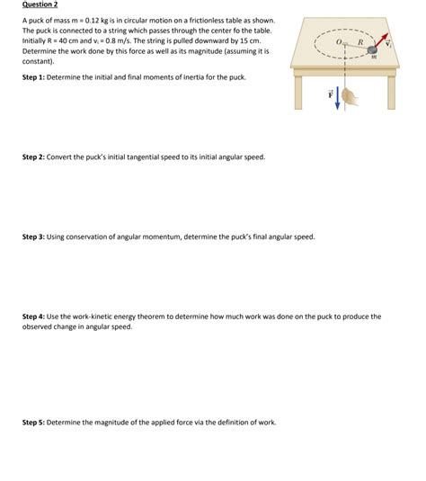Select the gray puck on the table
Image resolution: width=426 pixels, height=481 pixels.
tap(372, 49)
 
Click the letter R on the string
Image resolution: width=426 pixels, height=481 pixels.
tap(359, 40)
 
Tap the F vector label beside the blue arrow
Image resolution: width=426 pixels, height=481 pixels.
tap(330, 93)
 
